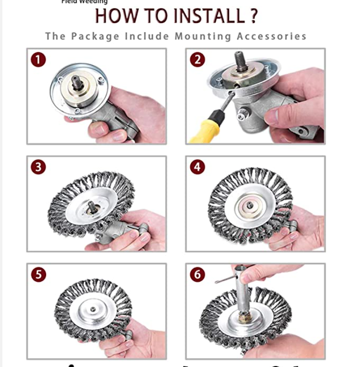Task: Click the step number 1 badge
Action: pyautogui.click(x=39, y=60)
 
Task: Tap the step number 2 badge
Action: pyautogui.click(x=197, y=60)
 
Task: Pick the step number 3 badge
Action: pyautogui.click(x=39, y=167)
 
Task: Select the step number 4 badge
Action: pyautogui.click(x=197, y=167)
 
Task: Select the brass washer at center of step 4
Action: pyautogui.click(x=248, y=205)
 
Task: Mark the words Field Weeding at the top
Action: pyautogui.click(x=84, y=2)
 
